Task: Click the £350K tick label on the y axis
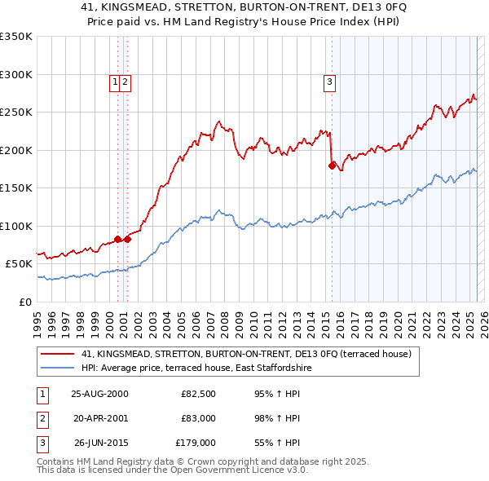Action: coord(16,37)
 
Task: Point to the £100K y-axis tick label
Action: coord(16,226)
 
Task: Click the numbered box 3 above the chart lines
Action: coord(329,81)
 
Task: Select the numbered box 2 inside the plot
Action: coord(127,81)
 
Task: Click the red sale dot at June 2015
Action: coord(332,165)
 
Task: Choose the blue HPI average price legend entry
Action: coord(196,368)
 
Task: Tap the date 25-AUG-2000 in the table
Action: coord(99,394)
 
